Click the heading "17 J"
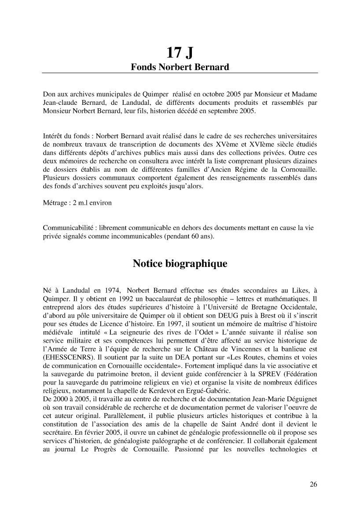(180, 53)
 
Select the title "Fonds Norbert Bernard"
(180, 67)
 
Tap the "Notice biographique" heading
(180, 264)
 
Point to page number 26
(313, 485)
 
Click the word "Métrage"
(55, 203)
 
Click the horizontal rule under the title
(180, 73)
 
